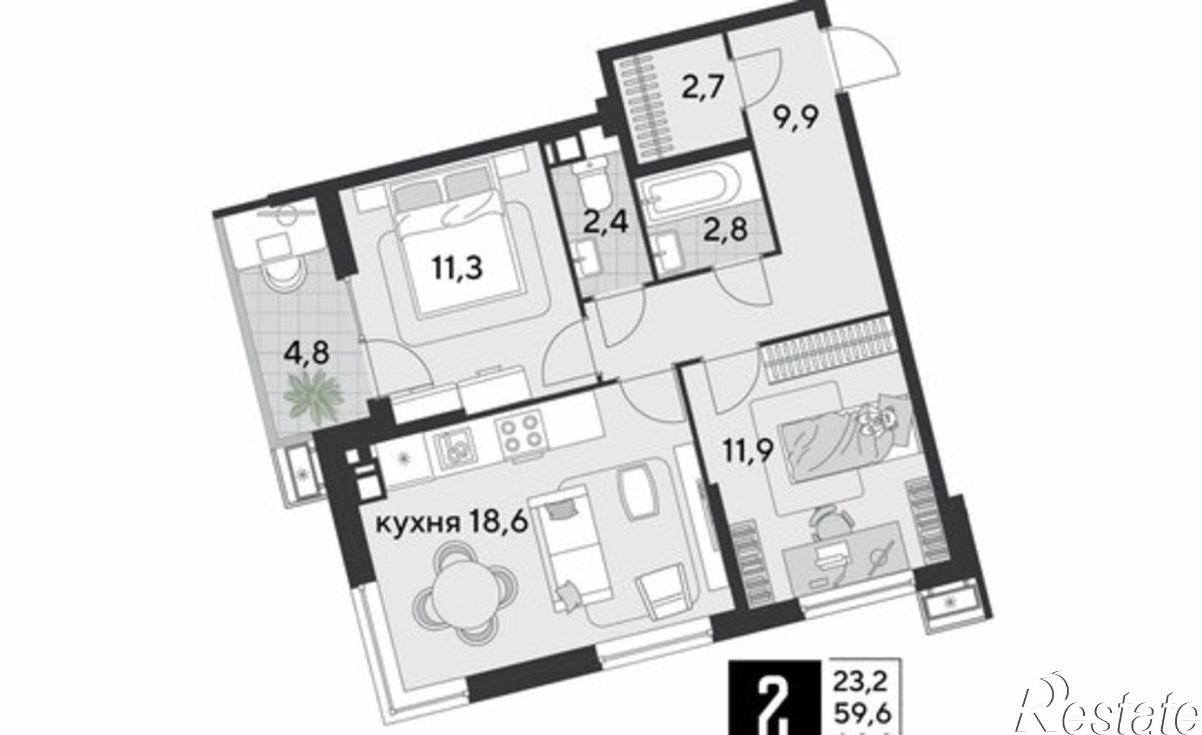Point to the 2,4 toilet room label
[x=606, y=225]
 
